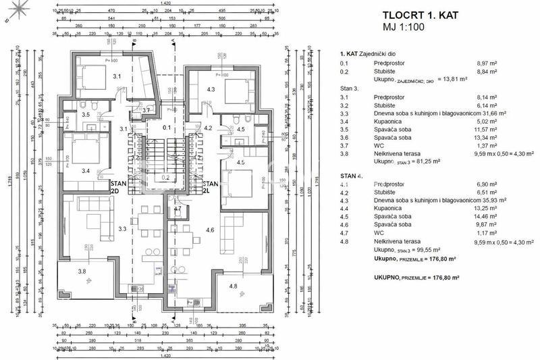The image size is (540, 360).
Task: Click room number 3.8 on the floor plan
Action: (x=82, y=272)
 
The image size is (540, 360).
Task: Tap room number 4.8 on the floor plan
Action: (x=234, y=287)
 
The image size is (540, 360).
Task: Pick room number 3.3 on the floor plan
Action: (x=123, y=230)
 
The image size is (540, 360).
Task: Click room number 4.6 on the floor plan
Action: (x=209, y=230)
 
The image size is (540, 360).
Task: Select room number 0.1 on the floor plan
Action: (x=167, y=127)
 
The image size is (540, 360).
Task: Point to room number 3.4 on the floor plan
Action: (x=86, y=171)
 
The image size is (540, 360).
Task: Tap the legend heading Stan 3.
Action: (x=350, y=88)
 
